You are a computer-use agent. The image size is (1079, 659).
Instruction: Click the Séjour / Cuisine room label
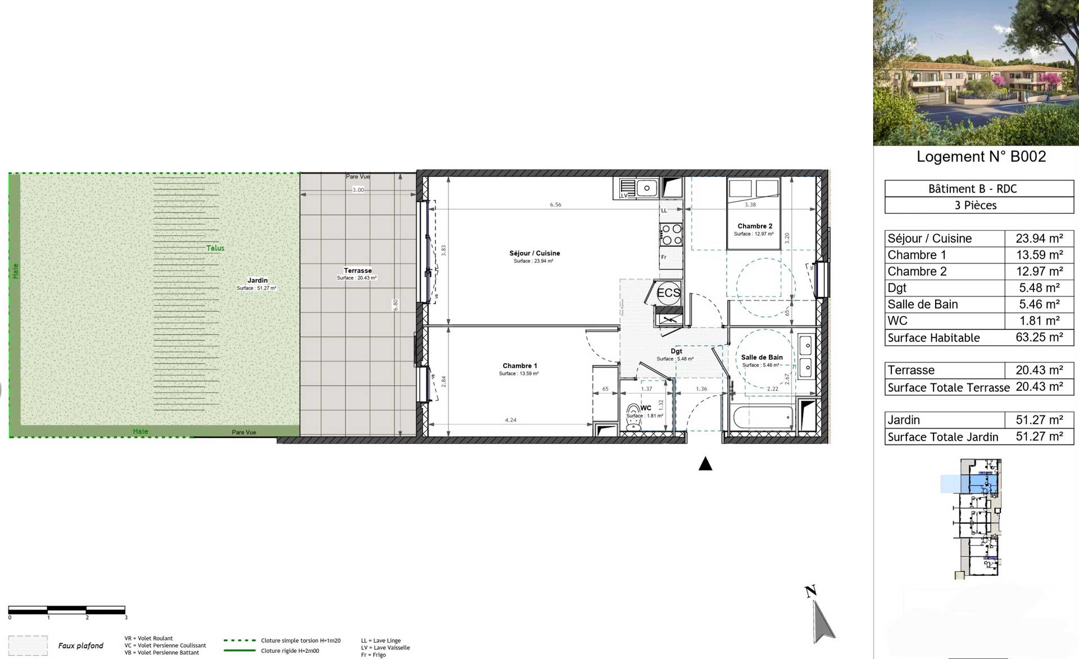(534, 253)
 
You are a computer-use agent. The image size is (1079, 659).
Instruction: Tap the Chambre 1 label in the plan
(519, 366)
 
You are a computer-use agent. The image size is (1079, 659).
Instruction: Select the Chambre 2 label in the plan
(754, 226)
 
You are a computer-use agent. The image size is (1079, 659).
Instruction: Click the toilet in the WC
(634, 416)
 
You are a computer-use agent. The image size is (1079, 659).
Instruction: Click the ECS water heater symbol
(668, 293)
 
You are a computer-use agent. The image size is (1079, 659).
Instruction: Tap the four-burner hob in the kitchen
(670, 235)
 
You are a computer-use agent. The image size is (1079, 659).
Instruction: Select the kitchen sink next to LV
(646, 188)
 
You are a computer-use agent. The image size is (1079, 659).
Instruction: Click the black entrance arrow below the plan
(705, 464)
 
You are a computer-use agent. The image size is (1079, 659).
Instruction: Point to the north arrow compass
(822, 617)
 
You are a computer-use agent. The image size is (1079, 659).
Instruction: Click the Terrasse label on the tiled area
(357, 271)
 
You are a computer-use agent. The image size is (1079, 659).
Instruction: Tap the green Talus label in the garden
(215, 248)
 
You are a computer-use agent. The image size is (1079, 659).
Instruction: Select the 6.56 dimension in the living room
(555, 205)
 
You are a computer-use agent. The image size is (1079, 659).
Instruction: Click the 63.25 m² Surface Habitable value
(1039, 337)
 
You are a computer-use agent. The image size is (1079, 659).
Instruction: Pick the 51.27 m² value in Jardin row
(1039, 420)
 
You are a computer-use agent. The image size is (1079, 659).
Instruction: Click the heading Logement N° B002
(981, 157)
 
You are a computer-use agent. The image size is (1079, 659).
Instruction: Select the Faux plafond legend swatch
(28, 646)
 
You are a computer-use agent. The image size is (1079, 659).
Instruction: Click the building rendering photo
(976, 72)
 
